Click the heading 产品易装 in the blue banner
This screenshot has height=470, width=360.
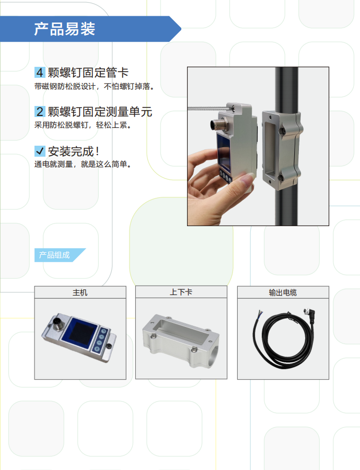[64, 29]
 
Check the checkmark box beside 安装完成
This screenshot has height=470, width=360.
[40, 151]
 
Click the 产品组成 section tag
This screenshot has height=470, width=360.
[54, 255]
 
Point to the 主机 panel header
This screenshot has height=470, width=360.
[80, 292]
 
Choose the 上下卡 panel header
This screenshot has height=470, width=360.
[181, 292]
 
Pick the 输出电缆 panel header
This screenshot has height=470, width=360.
[283, 292]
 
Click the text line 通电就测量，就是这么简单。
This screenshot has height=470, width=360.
[83, 164]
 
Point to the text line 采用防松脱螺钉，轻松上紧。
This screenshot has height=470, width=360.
[83, 125]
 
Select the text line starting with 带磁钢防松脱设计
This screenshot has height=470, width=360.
[94, 86]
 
